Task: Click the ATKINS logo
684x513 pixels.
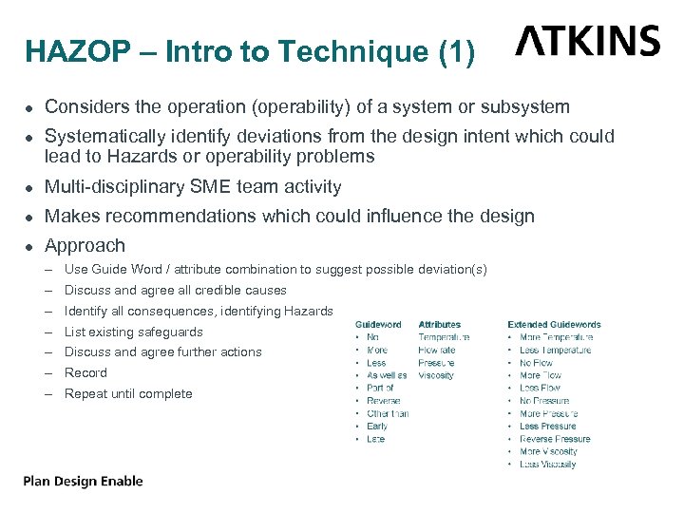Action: coord(587,41)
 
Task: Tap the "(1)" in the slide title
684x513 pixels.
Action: coord(456,51)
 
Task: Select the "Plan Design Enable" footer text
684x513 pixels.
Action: coord(84,481)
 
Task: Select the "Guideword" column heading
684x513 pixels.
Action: coord(378,325)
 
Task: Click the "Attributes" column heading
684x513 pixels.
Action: coord(439,325)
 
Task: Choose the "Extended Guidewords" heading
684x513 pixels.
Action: coord(554,325)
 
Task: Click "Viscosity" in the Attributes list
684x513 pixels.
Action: coord(436,375)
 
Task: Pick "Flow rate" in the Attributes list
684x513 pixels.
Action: coord(436,350)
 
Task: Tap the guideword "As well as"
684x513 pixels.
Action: coord(387,375)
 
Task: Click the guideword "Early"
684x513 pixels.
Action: coord(377,427)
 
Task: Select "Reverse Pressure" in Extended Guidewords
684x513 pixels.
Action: coord(555,439)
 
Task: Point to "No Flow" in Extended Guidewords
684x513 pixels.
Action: coord(536,363)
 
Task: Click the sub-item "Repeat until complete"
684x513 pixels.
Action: coord(128,393)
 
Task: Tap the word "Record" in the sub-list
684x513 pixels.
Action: coord(85,372)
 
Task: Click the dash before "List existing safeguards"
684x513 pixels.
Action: coord(48,332)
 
